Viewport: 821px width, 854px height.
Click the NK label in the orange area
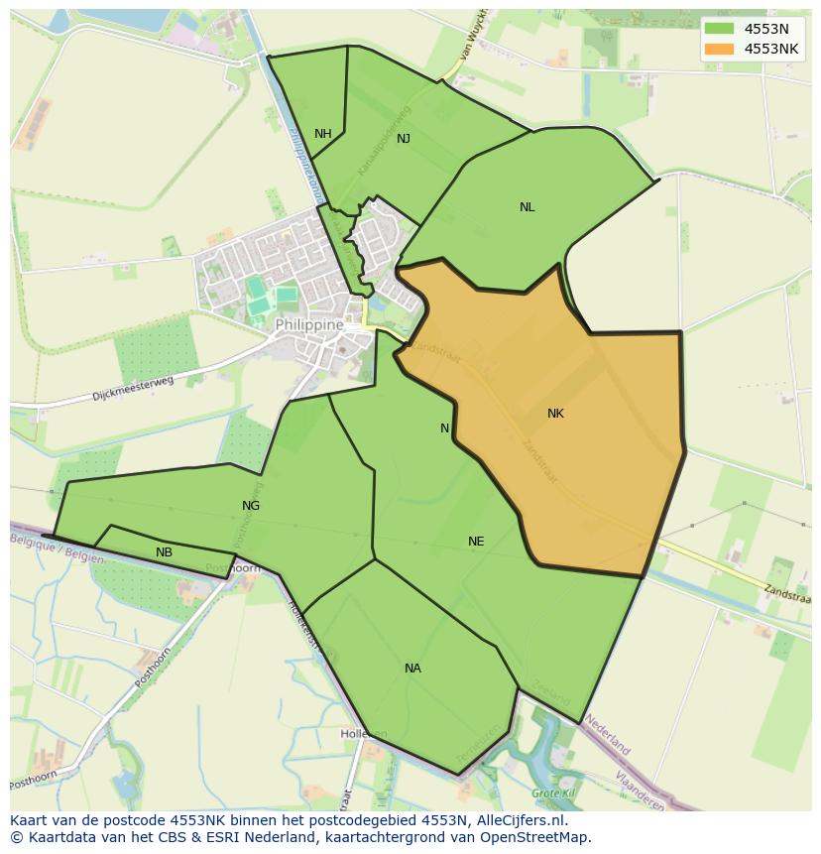click(555, 414)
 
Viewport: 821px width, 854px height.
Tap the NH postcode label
click(323, 134)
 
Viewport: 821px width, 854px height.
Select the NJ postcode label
click(404, 139)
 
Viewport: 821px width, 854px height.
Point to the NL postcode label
click(527, 207)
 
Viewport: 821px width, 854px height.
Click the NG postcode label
click(251, 506)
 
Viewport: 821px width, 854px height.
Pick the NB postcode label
click(164, 552)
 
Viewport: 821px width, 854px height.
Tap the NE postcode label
click(476, 542)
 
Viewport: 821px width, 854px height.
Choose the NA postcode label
click(412, 669)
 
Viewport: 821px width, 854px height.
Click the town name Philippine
click(309, 324)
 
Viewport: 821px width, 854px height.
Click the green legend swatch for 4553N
click(719, 29)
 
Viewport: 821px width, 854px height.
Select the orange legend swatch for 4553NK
click(719, 49)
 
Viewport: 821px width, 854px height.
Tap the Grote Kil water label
click(552, 793)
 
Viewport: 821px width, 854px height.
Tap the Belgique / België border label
click(58, 549)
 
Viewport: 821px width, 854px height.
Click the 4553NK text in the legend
click(771, 49)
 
